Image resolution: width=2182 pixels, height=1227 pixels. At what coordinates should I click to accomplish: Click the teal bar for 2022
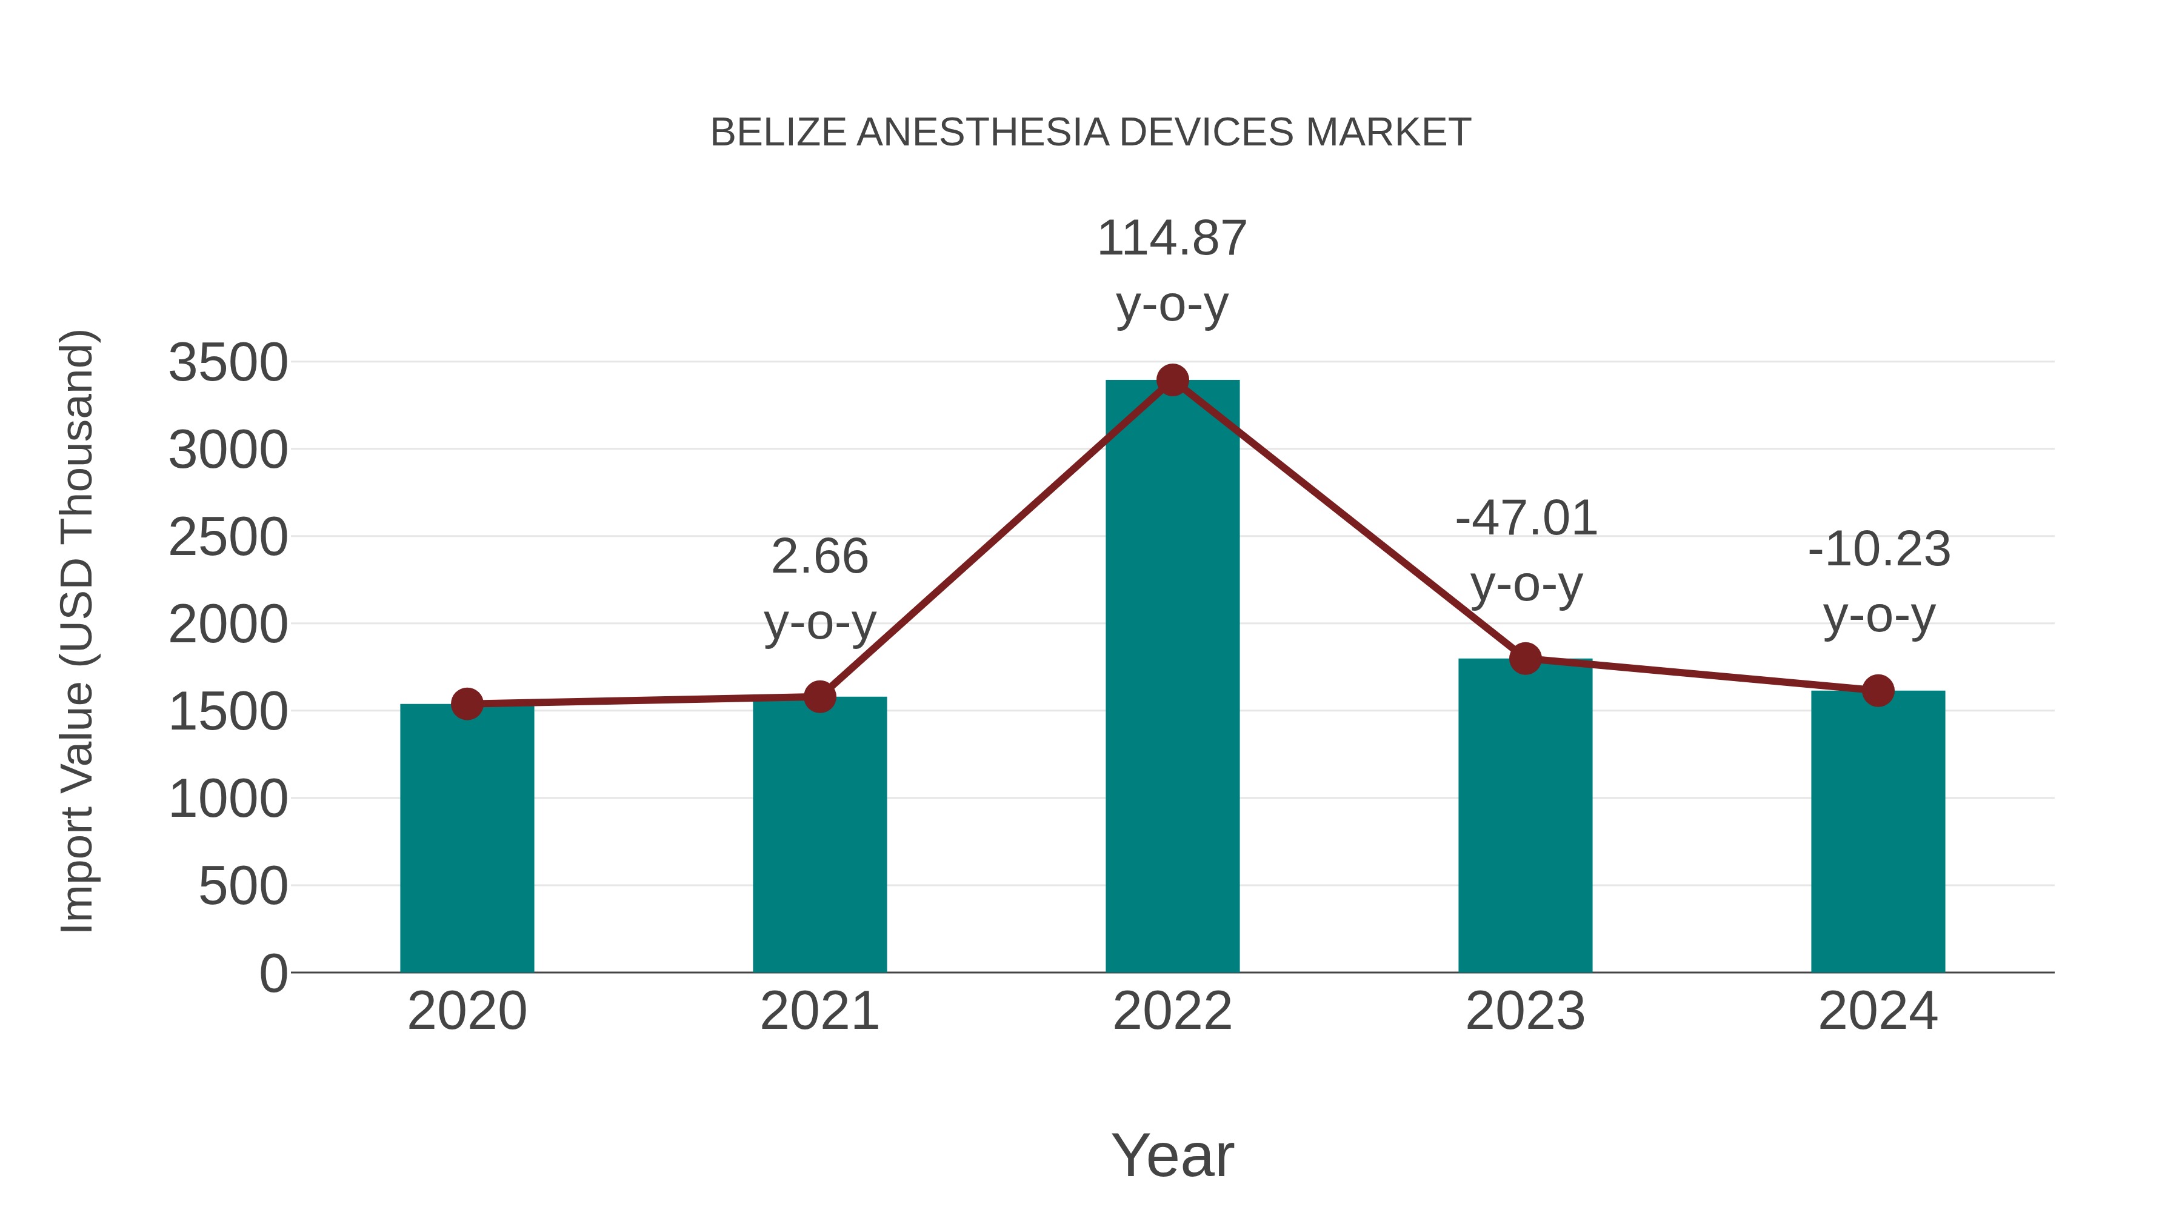(x=1172, y=677)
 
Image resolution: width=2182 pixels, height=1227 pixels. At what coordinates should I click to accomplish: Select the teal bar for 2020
(x=467, y=839)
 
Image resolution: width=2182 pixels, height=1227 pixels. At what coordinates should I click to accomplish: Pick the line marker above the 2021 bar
(x=819, y=697)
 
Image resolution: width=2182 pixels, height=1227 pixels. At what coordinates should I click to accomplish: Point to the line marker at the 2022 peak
(x=1172, y=380)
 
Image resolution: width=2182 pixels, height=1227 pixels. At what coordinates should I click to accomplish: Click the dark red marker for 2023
(x=1525, y=658)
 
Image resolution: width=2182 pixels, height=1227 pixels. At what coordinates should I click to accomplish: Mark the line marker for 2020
(x=467, y=703)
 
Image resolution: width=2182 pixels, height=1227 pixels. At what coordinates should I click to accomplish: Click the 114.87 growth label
(x=1172, y=239)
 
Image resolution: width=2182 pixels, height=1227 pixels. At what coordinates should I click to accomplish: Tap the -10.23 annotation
(x=1879, y=550)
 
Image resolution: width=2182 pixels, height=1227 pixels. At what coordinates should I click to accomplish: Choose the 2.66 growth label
(x=819, y=557)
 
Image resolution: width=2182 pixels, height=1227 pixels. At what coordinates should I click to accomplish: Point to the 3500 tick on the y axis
(x=229, y=364)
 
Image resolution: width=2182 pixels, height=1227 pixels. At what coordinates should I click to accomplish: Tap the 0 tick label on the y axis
(x=273, y=974)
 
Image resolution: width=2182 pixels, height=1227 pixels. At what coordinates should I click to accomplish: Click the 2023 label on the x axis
(x=1525, y=1011)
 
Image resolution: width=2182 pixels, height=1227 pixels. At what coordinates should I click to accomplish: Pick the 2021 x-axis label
(x=819, y=1011)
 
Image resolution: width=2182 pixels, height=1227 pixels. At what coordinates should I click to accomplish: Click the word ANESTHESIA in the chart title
(x=983, y=133)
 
